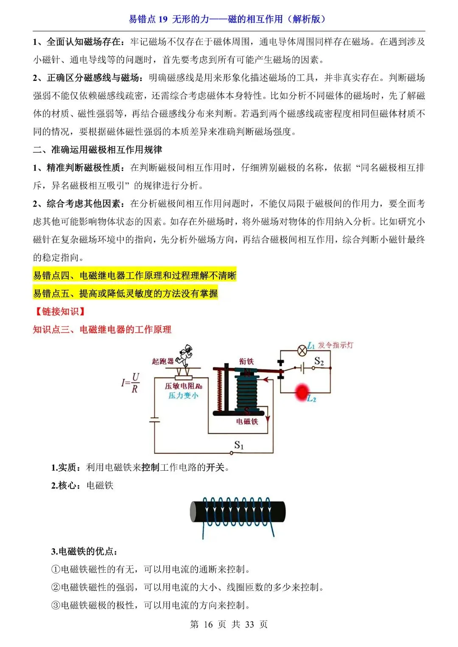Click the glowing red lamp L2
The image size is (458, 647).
pos(302,392)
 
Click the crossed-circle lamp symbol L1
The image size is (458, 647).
pos(302,350)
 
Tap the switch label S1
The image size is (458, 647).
pos(239,445)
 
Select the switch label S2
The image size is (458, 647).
pos(319,361)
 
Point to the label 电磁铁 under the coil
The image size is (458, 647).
pos(247,422)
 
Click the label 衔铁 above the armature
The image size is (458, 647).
pos(246,361)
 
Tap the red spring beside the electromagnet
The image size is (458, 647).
pos(219,390)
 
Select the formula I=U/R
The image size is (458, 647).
pos(131,383)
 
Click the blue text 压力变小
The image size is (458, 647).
pos(183,396)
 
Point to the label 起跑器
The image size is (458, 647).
pos(163,361)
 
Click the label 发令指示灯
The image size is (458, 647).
pos(335,345)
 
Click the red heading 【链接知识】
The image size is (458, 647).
pos(60,311)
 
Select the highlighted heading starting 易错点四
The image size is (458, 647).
pos(134,275)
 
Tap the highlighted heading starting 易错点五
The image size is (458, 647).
pos(126,293)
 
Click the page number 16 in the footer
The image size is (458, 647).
pos(208,625)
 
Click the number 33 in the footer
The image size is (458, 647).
pos(249,625)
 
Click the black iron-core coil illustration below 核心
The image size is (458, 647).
pos(237,512)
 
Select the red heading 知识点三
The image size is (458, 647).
pos(102,330)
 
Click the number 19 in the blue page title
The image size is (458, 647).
pos(163,19)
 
